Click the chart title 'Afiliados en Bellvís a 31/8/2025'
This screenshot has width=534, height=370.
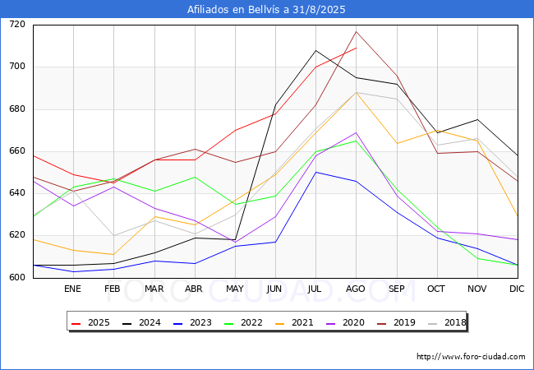click(x=266, y=9)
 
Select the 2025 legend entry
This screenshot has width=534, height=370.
click(x=91, y=322)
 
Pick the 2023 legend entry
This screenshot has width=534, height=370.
click(x=193, y=322)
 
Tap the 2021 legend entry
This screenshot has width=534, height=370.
click(x=295, y=322)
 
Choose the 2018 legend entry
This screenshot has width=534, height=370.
click(x=447, y=322)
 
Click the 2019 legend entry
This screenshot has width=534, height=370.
click(x=397, y=322)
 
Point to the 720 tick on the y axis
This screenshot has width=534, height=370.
click(x=17, y=24)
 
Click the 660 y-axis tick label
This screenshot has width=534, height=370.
click(x=17, y=151)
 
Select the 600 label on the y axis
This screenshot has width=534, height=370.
click(x=17, y=277)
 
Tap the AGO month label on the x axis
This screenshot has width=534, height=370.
click(x=356, y=289)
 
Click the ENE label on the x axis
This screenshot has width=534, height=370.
click(x=72, y=289)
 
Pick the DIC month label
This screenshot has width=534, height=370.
click(x=517, y=289)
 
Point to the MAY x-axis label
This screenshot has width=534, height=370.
click(x=235, y=289)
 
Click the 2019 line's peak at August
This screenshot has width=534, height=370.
click(x=357, y=32)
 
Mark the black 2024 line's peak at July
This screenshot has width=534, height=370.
click(x=316, y=50)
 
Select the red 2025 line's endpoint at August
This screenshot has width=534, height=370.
click(x=357, y=48)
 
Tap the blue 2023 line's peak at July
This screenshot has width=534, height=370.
click(x=316, y=172)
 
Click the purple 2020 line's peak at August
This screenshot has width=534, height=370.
click(x=357, y=132)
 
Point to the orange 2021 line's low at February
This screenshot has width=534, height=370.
click(x=113, y=255)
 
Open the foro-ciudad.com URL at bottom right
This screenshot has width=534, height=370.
click(x=471, y=357)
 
